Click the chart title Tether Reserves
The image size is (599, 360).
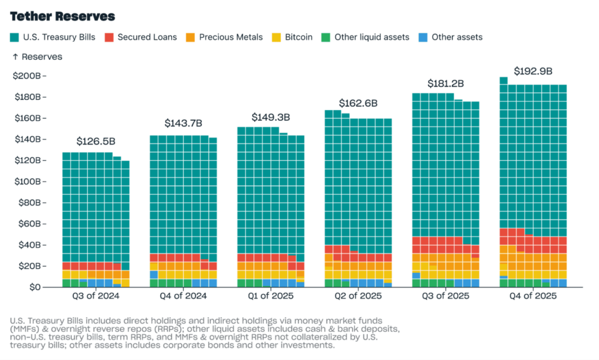point(63,16)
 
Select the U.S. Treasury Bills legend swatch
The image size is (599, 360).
point(15,37)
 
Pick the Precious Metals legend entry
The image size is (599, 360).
point(230,37)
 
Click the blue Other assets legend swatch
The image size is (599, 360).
point(423,37)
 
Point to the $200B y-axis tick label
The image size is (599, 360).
point(27,76)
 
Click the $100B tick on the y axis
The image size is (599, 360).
point(27,181)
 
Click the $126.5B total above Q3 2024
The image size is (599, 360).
point(95,142)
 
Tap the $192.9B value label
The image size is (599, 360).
point(533,71)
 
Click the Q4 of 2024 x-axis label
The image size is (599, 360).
point(183,296)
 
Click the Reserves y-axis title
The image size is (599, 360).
point(37,57)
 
